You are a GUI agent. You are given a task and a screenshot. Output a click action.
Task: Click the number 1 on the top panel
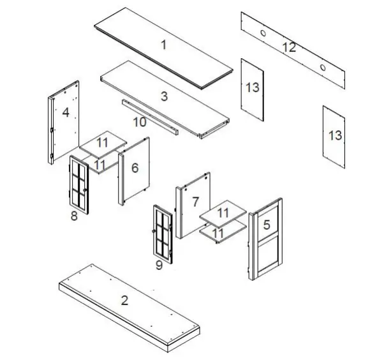click(163, 44)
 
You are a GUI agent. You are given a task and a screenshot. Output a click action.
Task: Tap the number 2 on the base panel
click(125, 299)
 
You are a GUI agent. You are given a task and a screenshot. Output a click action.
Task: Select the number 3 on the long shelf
click(164, 96)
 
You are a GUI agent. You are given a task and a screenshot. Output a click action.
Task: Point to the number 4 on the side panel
click(66, 113)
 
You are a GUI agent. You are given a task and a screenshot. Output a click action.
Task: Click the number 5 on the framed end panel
click(267, 224)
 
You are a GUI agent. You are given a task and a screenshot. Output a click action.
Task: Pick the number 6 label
click(135, 167)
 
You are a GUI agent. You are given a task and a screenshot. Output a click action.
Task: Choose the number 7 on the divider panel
click(196, 202)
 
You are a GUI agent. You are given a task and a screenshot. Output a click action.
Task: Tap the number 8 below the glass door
click(74, 216)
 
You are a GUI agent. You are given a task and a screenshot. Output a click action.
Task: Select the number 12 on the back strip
click(289, 47)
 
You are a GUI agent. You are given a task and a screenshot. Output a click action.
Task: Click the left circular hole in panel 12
click(263, 33)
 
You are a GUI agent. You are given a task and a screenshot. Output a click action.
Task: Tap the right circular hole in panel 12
click(323, 67)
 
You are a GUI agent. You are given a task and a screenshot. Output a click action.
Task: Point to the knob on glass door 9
click(154, 231)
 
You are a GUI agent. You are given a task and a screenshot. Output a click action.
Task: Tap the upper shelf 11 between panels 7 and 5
click(223, 213)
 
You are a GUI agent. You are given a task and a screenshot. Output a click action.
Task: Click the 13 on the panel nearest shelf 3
click(253, 87)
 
